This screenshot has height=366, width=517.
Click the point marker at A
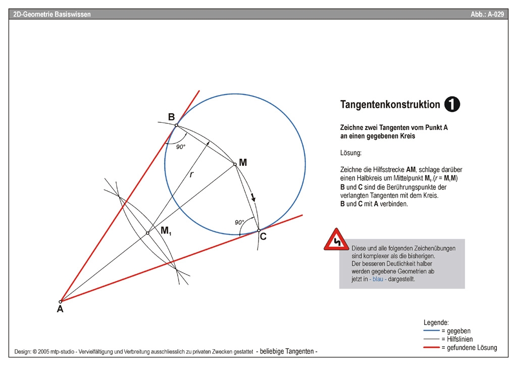pos(61,301)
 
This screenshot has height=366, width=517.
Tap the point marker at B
pos(176,125)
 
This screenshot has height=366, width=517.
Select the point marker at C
pos(258,230)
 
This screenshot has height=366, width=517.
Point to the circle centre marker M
pos(235,164)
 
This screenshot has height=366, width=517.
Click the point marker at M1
pos(147,233)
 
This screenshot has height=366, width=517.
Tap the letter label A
pos(60,310)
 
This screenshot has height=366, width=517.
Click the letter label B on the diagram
pos(171,117)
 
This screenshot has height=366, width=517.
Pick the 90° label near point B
pos(181,147)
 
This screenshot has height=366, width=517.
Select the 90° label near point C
pos(239,222)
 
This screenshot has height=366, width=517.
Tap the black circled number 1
pos(452,104)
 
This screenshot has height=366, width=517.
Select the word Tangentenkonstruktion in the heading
pos(390,105)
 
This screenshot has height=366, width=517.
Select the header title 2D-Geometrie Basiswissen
pos(53,15)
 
